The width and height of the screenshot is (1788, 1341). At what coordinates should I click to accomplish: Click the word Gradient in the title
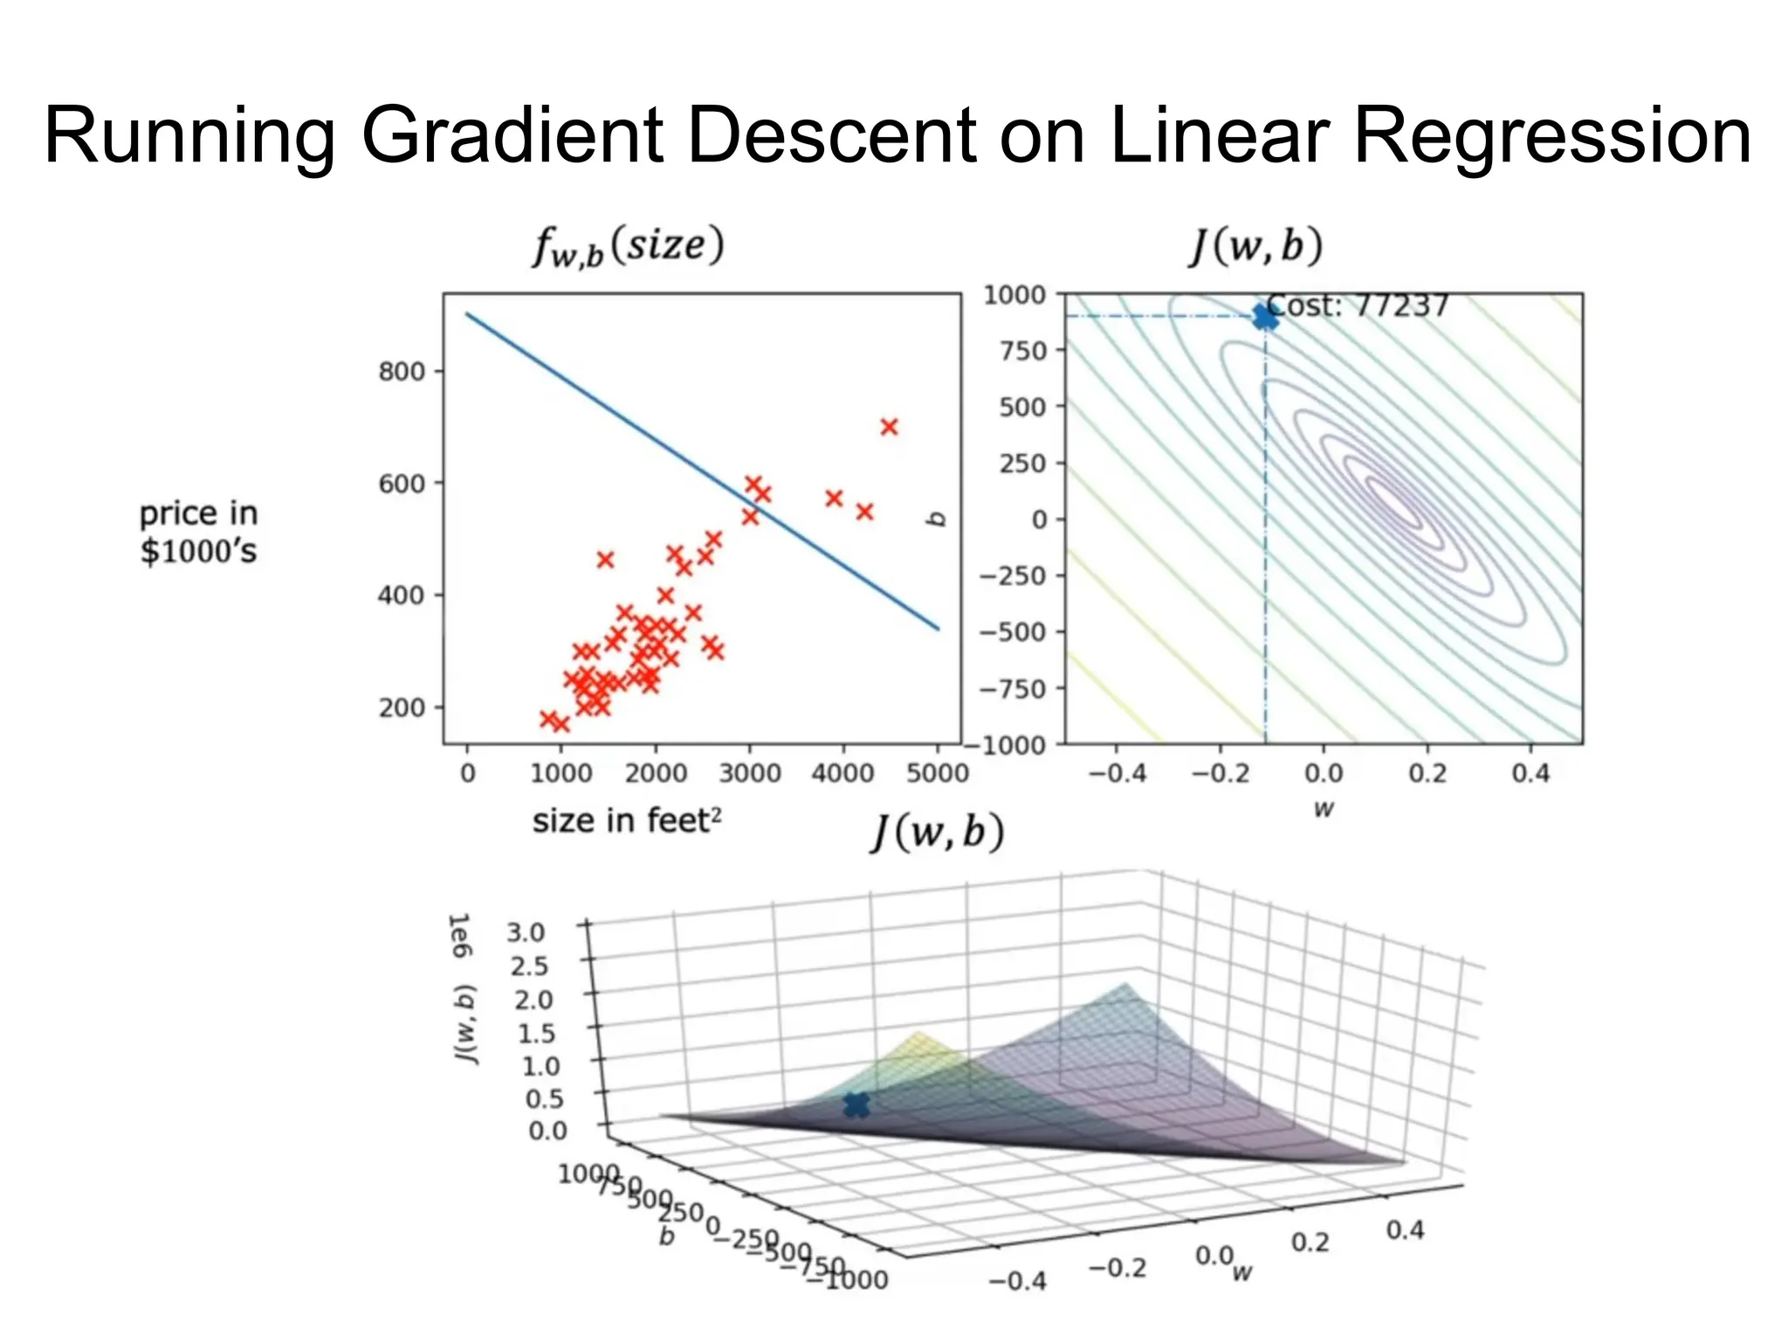pyautogui.click(x=513, y=135)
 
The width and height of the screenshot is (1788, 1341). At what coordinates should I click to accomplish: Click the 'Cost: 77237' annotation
pyautogui.click(x=1358, y=306)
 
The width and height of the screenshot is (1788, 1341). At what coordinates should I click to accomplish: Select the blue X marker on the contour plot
pyautogui.click(x=1265, y=317)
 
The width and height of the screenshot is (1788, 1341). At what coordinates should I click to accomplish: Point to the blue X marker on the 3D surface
pyautogui.click(x=856, y=1105)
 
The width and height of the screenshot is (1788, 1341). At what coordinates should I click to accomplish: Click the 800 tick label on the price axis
pyautogui.click(x=401, y=372)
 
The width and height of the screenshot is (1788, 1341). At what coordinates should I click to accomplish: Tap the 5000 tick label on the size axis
pyautogui.click(x=937, y=773)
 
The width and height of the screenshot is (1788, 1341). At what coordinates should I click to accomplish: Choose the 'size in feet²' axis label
pyautogui.click(x=627, y=821)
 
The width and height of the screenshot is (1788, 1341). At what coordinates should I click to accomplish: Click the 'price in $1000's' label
pyautogui.click(x=199, y=533)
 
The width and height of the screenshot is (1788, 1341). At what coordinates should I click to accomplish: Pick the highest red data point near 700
pyautogui.click(x=889, y=427)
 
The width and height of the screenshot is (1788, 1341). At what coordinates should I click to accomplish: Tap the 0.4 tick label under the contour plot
pyautogui.click(x=1530, y=773)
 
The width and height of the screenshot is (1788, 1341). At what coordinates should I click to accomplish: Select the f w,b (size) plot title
pyautogui.click(x=629, y=246)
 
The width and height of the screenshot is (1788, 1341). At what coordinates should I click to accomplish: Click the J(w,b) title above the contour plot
pyautogui.click(x=1256, y=246)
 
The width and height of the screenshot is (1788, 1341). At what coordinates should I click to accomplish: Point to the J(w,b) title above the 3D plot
pyautogui.click(x=939, y=832)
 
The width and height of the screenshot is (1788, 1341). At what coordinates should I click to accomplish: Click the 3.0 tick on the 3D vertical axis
pyautogui.click(x=526, y=932)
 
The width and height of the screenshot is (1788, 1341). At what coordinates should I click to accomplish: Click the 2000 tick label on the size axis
pyautogui.click(x=655, y=773)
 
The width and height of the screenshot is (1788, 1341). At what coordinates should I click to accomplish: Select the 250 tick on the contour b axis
pyautogui.click(x=1022, y=463)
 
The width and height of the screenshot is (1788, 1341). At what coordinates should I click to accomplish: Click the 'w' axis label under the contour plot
pyautogui.click(x=1324, y=809)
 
